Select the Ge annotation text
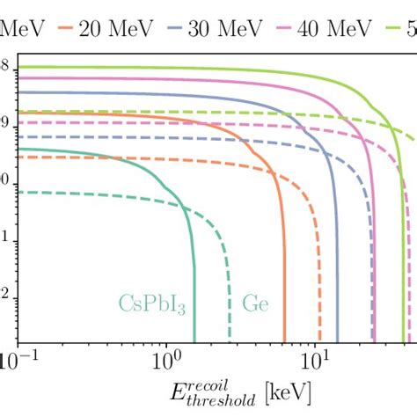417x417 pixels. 256,305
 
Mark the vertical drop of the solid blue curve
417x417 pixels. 337,282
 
